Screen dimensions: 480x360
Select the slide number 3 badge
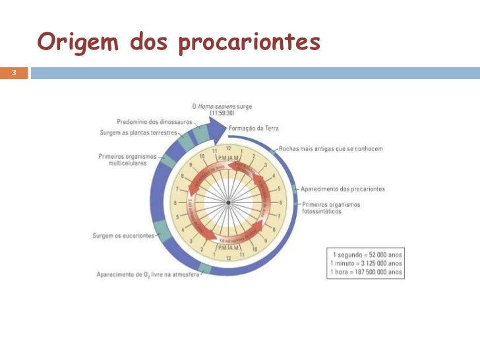pos(13,73)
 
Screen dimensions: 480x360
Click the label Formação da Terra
pos(254,128)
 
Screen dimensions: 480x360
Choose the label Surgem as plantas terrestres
pos(138,132)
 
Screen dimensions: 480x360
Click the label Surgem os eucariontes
pos(123,235)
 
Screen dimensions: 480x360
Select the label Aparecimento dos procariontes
pos(344,189)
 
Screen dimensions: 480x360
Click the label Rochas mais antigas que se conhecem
pos(330,148)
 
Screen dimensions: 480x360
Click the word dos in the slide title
pos(150,42)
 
